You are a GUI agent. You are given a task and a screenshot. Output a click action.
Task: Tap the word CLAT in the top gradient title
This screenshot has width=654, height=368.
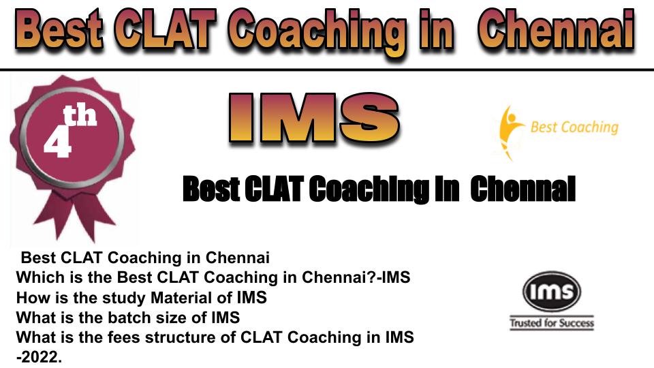pyautogui.click(x=165, y=29)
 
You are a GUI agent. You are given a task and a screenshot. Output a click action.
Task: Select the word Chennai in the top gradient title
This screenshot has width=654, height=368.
pyautogui.click(x=557, y=29)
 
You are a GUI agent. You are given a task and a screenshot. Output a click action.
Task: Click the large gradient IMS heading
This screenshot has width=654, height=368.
pyautogui.click(x=314, y=118)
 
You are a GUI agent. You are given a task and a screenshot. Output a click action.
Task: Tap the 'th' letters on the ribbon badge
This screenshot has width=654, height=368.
pyautogui.click(x=80, y=116)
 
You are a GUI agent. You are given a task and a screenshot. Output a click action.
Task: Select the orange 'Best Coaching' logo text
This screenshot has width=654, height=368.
pyautogui.click(x=574, y=127)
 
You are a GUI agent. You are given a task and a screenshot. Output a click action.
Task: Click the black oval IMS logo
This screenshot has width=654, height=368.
pyautogui.click(x=551, y=291)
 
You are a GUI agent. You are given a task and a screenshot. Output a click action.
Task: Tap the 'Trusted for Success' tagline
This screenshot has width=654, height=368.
pyautogui.click(x=551, y=323)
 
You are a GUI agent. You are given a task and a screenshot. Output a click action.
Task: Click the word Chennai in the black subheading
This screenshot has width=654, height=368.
pyautogui.click(x=523, y=189)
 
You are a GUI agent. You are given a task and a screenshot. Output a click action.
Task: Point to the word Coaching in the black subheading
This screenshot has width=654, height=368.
pyautogui.click(x=369, y=189)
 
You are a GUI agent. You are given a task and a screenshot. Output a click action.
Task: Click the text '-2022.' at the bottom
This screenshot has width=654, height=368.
pyautogui.click(x=39, y=357)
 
